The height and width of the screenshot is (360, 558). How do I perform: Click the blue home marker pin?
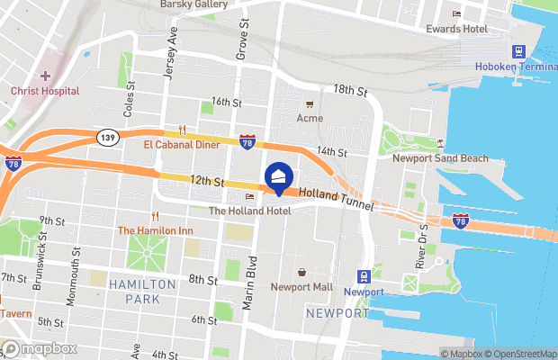point(278,177)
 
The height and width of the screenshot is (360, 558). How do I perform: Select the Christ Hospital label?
point(45,91)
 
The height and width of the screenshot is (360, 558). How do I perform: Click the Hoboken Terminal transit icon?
point(519,52)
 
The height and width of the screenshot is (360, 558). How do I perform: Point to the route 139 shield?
point(105,136)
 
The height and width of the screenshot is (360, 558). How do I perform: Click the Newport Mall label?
point(301,287)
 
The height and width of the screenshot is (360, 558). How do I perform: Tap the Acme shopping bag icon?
point(310,104)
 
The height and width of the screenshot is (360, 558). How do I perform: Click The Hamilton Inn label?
point(155,230)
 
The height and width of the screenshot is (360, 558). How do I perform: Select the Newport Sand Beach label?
point(440,158)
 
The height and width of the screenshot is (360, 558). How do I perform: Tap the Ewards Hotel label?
point(456,28)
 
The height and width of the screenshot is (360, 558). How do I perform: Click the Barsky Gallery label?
point(193,4)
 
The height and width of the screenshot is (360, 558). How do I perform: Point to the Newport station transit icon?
point(364,276)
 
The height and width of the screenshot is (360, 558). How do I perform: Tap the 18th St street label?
point(351,91)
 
